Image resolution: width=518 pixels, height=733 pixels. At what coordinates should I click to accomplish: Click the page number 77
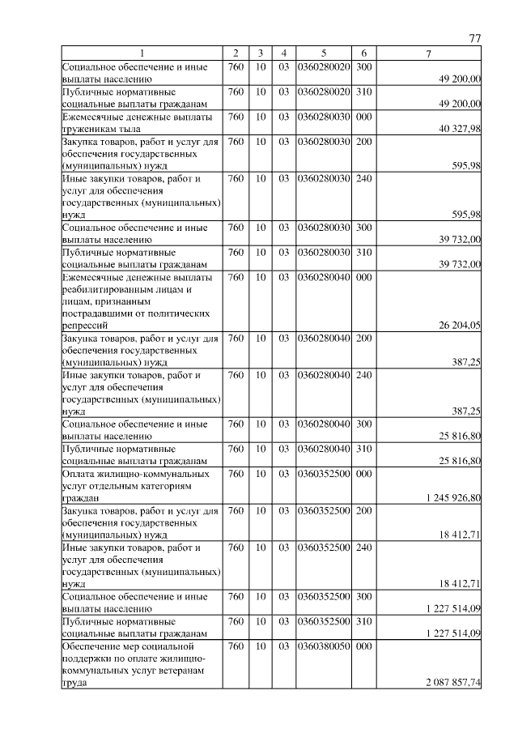[475, 38]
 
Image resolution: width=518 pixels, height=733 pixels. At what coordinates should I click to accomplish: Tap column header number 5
[323, 53]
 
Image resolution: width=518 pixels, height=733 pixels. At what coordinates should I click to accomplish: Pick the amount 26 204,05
[460, 326]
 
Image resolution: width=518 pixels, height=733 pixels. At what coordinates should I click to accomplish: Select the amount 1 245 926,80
[452, 497]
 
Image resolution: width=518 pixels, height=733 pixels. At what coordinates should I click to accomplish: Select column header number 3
[261, 53]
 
